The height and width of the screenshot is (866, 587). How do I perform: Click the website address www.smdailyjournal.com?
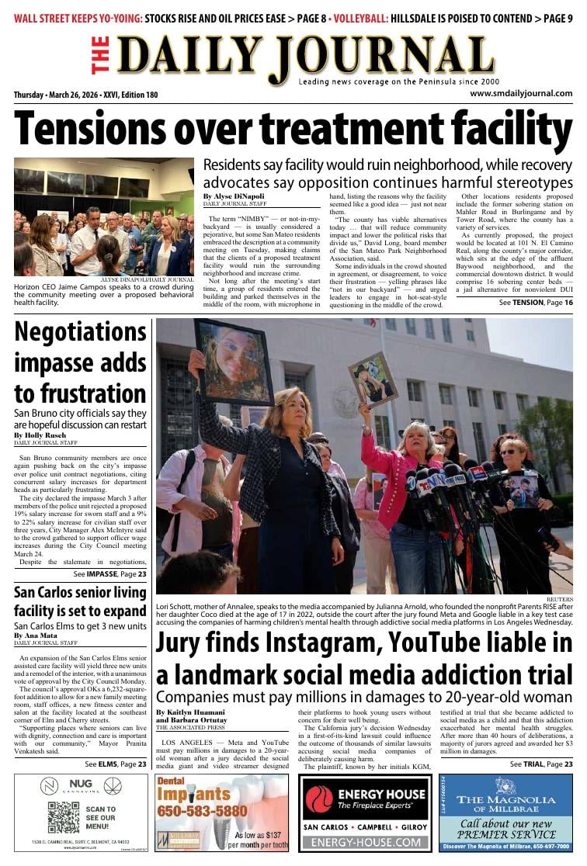coord(521,94)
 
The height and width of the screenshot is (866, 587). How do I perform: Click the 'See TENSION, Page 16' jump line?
coord(536,302)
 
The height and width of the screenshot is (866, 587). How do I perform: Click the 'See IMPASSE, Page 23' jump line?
coord(109,574)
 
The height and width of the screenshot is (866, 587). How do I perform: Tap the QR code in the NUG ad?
coord(63,817)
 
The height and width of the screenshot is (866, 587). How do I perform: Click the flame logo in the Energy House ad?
coord(318,799)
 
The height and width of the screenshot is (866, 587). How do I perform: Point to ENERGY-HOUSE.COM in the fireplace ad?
coord(365,842)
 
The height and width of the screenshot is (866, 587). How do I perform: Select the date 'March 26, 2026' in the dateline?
coord(86,95)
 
